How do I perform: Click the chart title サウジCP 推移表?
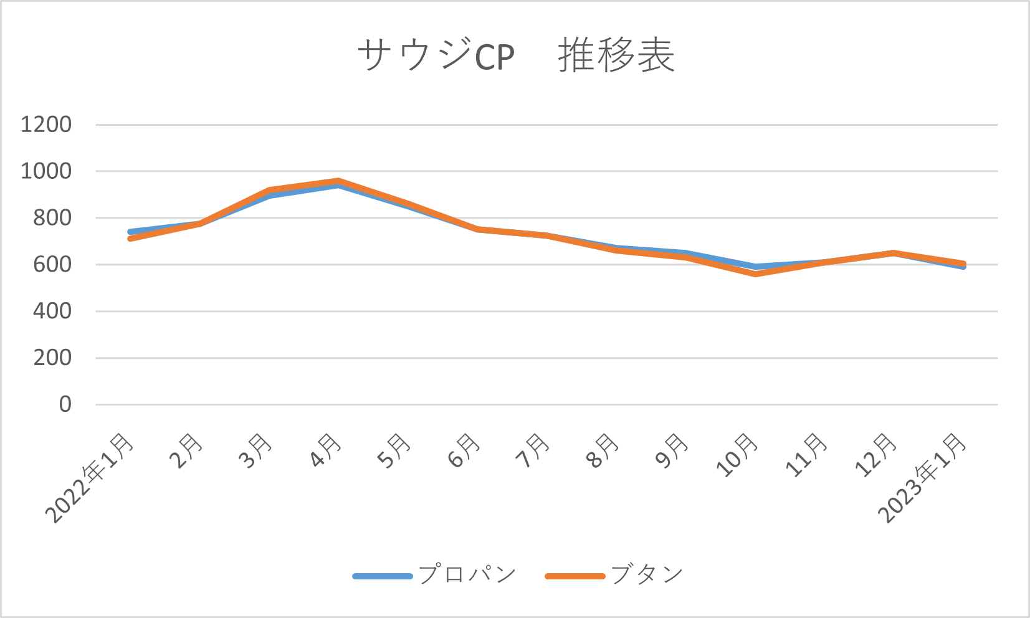pos(515,56)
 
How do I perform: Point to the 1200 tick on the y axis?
pos(46,125)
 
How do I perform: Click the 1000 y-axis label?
pos(46,171)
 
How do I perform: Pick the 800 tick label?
pos(52,218)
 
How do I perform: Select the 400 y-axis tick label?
pos(52,311)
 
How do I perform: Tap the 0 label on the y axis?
pos(65,404)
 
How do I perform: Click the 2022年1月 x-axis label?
pos(90,478)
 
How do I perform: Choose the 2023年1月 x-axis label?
pos(923,478)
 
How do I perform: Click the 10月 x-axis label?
pos(738,455)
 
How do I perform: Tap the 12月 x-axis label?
pos(877,455)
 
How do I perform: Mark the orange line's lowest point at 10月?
pos(756,274)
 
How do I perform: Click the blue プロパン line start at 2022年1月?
pos(130,232)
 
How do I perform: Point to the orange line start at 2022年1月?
pos(130,239)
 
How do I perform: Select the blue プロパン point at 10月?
pos(756,266)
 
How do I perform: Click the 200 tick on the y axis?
pos(52,358)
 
